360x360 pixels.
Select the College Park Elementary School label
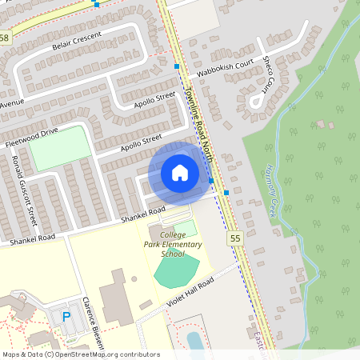[x=176, y=244]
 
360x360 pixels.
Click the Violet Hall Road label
[x=190, y=294]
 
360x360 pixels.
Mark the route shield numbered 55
[x=234, y=238]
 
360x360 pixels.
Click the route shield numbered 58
[x=5, y=38]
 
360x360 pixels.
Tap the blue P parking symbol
[x=66, y=318]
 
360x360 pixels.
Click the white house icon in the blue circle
[x=180, y=172]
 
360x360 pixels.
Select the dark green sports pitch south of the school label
[x=178, y=271]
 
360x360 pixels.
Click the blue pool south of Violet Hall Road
[x=194, y=339]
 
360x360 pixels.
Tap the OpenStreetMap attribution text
[x=80, y=354]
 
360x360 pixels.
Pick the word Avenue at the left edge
[x=11, y=105]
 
